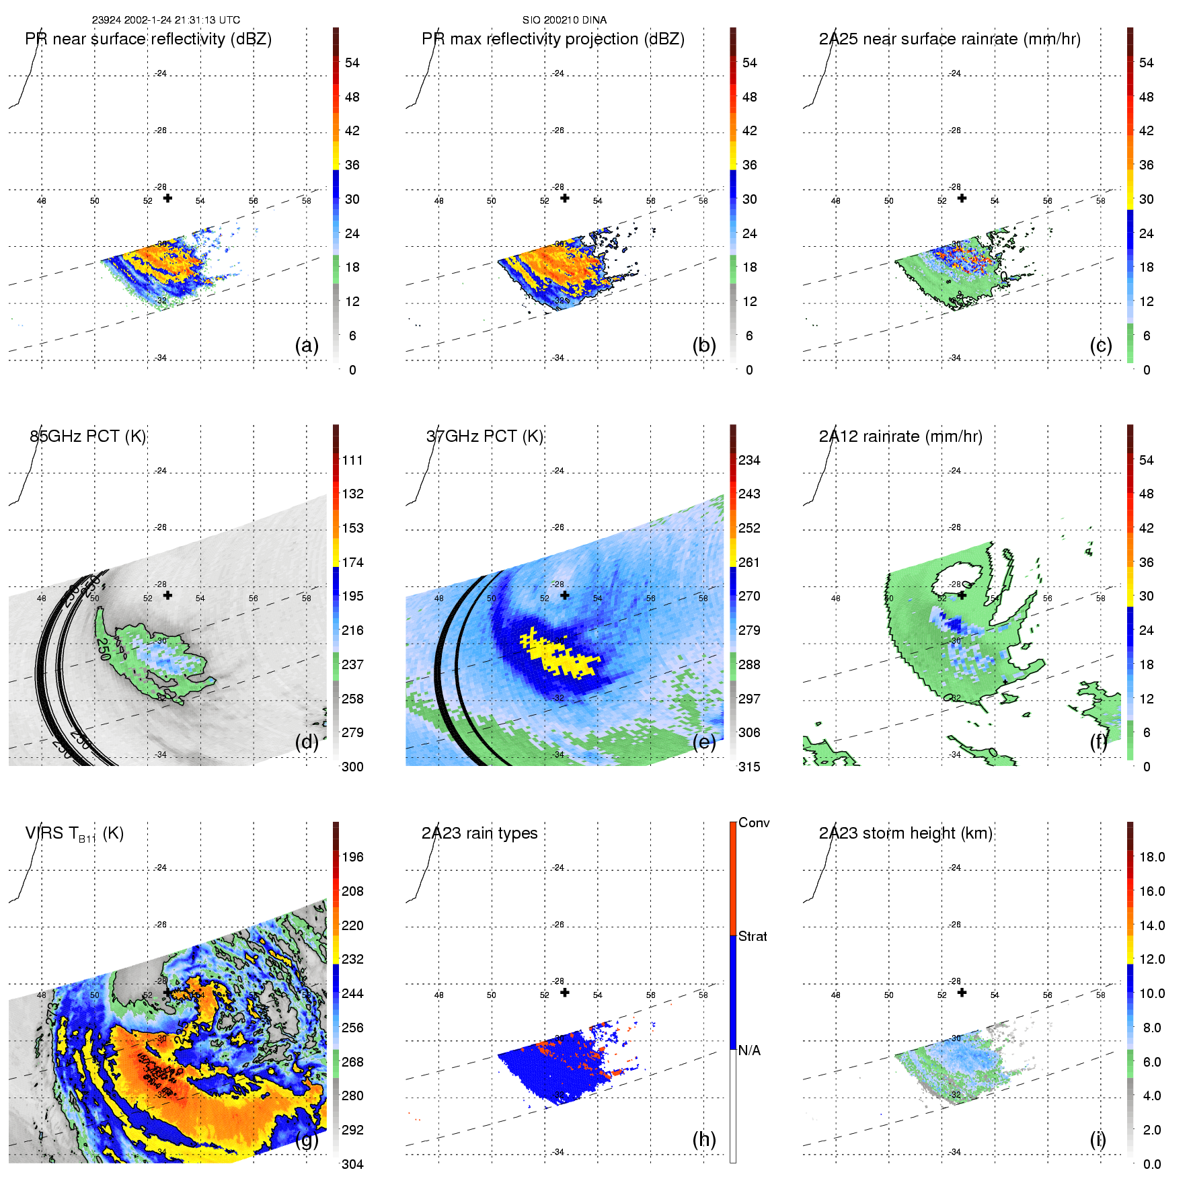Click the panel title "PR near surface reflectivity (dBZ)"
coord(148,39)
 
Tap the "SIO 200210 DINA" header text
coord(564,20)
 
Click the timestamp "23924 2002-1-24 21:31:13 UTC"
coord(165,20)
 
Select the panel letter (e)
coord(704,742)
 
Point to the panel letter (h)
coord(704,1139)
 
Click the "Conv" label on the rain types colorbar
coord(754,823)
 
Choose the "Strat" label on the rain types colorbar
coord(753,937)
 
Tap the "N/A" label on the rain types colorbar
coord(749,1050)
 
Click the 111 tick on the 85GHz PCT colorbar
coord(352,460)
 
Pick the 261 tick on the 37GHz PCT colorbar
coord(749,562)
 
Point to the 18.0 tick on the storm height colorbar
coord(1152,857)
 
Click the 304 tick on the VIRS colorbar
coord(352,1164)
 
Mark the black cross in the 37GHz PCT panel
coord(565,595)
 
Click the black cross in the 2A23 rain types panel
coord(565,993)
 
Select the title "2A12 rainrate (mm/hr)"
coord(900,436)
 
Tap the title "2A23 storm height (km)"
coord(905,833)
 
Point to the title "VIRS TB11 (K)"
coord(74,834)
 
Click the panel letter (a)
coord(307,345)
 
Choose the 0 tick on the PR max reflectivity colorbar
coord(749,370)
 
